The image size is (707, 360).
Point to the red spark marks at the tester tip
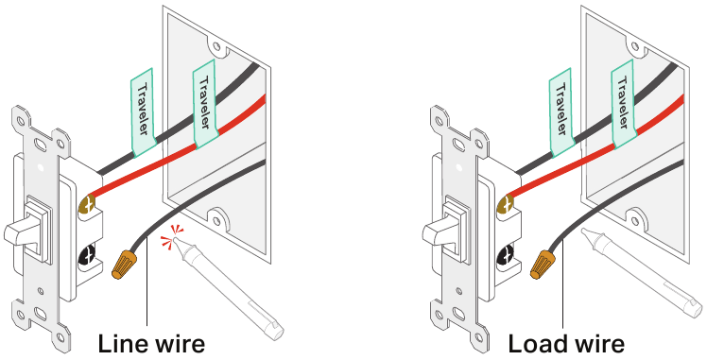coord(173,237)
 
